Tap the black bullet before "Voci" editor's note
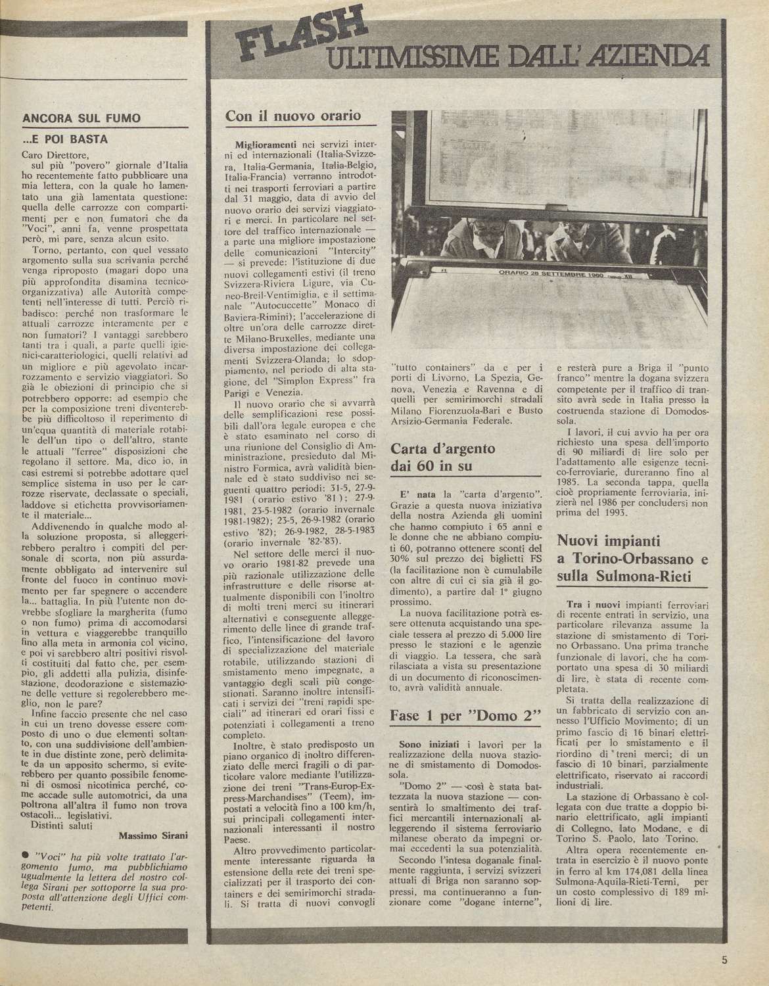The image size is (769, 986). pos(24,855)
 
